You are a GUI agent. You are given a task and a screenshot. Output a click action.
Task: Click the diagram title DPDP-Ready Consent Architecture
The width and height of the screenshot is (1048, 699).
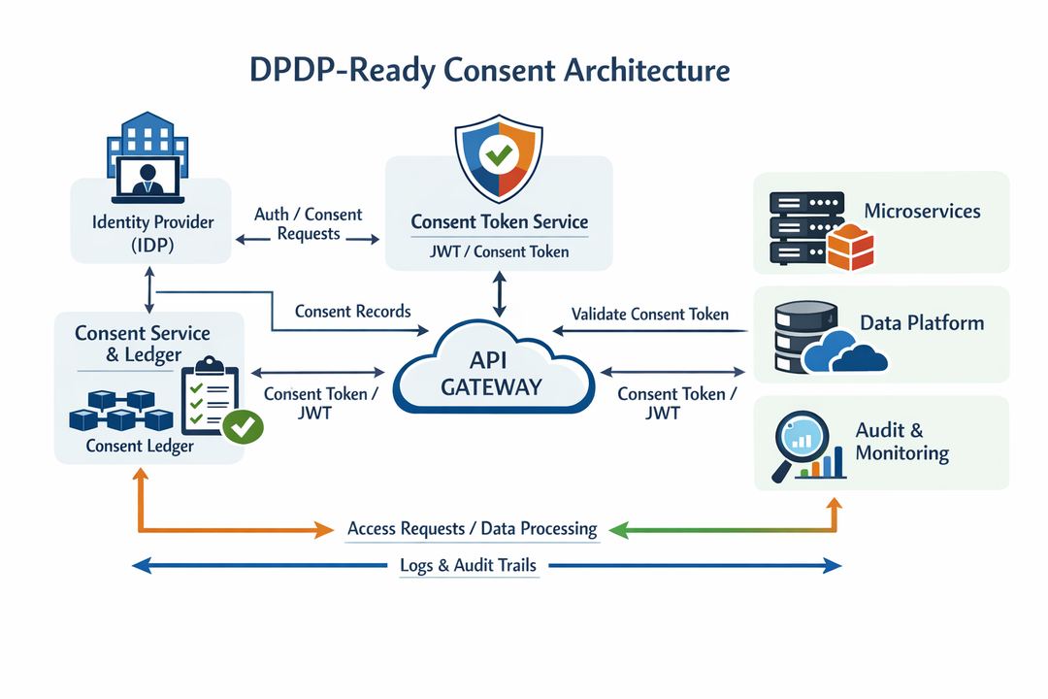point(490,72)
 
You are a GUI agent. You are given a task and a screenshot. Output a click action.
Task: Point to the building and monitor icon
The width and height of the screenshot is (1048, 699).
point(147,154)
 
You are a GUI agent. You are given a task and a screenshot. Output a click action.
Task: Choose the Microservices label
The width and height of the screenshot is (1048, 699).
point(922,211)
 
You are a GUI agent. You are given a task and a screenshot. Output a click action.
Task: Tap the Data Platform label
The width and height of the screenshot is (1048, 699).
point(922,323)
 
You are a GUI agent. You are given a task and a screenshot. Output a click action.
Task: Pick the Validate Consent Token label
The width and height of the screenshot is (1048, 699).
point(649,314)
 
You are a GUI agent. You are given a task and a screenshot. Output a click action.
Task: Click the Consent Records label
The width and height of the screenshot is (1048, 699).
point(352,312)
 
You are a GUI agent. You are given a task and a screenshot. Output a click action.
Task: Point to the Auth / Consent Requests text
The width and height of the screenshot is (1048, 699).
point(308,223)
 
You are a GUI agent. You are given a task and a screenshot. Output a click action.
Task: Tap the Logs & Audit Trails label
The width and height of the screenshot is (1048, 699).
point(468,565)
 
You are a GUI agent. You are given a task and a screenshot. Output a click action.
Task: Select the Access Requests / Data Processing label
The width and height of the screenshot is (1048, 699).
point(472,528)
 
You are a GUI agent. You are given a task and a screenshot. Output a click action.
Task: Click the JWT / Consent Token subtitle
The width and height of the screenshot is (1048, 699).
point(499,251)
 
